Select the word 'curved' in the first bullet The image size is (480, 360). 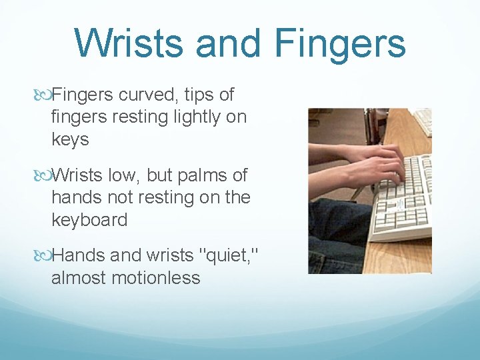[x=147, y=95]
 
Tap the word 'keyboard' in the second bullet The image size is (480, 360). [x=89, y=219]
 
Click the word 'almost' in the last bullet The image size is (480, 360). [x=75, y=277]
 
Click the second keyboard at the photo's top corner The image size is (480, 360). [x=421, y=121]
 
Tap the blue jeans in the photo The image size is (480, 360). [x=333, y=240]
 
